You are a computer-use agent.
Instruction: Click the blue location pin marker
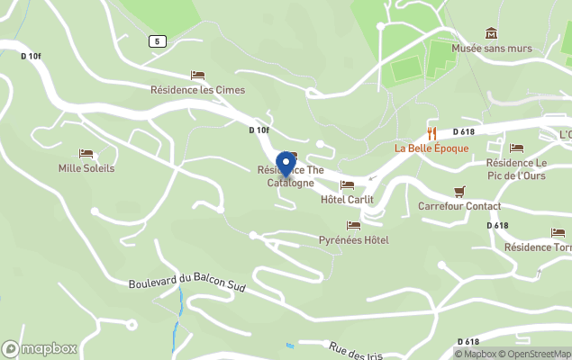point(286,165)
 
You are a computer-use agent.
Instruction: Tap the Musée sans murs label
point(492,49)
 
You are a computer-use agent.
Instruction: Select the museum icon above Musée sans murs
point(491,32)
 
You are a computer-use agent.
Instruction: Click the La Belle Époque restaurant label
point(431,148)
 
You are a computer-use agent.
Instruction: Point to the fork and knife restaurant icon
point(431,133)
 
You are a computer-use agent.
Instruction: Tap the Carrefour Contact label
point(459,206)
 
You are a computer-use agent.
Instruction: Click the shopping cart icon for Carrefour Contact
point(459,191)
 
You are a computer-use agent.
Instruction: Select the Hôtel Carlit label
point(347,199)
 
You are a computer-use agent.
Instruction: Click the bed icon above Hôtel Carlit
point(347,184)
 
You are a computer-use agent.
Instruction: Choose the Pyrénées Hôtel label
point(354,240)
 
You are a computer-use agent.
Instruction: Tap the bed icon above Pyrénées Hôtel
point(353,225)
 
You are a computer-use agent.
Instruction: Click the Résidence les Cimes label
point(197,90)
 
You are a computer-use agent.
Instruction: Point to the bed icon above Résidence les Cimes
point(197,76)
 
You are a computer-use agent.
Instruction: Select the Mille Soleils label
point(86,168)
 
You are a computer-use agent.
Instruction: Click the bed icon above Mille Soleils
point(86,154)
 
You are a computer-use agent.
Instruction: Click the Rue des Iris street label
point(356,351)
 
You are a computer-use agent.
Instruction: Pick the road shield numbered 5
point(158,41)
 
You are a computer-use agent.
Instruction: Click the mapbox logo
point(40,348)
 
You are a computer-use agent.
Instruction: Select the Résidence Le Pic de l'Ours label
point(516,168)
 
